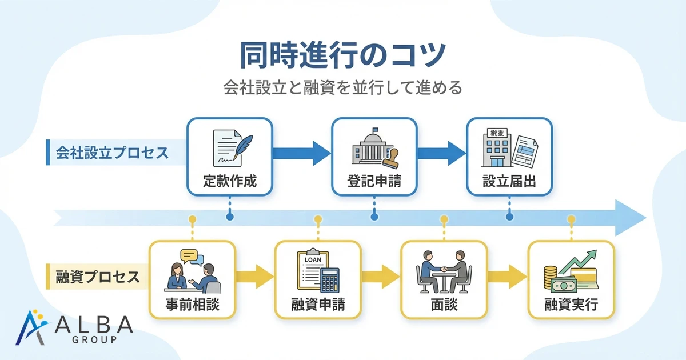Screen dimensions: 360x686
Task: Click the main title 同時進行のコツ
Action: click(342, 55)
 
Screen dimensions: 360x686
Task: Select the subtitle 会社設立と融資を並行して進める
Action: click(342, 90)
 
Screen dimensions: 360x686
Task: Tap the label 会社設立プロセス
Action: click(112, 153)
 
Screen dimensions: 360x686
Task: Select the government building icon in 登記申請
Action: click(370, 146)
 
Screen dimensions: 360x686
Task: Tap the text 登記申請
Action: click(374, 182)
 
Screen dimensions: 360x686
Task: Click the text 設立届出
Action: click(509, 182)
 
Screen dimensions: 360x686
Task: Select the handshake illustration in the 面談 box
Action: click(444, 269)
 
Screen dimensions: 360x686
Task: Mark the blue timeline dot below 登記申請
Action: click(374, 217)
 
